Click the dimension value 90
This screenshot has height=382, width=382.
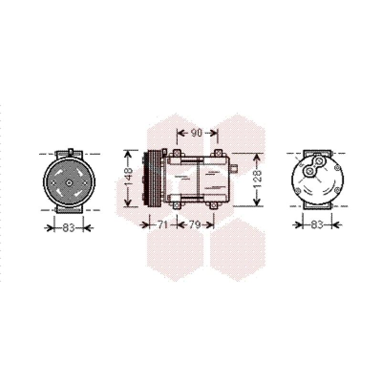click(196, 133)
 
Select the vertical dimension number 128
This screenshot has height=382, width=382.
click(257, 180)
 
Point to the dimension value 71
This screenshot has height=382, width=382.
click(162, 224)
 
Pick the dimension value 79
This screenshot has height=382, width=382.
click(195, 224)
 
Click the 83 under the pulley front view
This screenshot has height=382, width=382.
click(68, 228)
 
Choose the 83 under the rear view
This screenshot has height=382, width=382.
click(317, 224)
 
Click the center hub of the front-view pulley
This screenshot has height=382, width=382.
click(69, 183)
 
